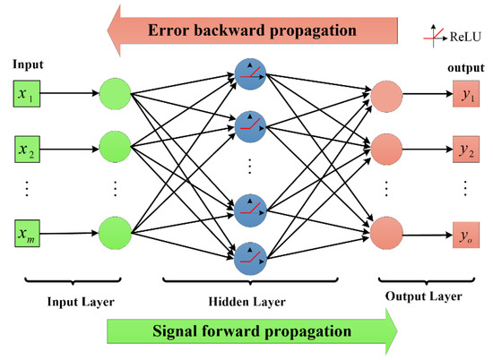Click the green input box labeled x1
click(25, 92)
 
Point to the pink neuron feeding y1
click(386, 95)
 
